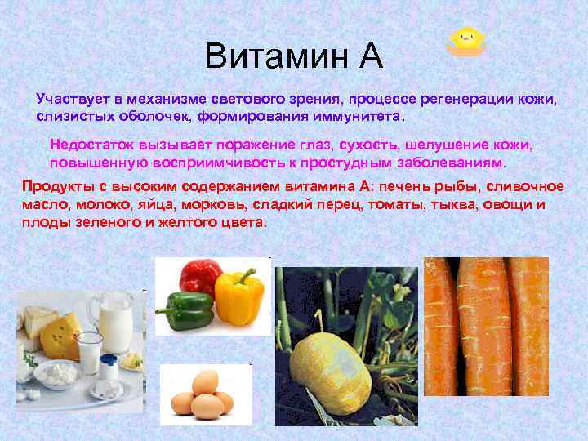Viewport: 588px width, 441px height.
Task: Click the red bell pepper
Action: [x=199, y=278]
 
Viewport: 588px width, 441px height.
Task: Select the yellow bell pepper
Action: [x=239, y=296]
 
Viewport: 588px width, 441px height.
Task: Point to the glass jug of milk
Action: [x=114, y=323]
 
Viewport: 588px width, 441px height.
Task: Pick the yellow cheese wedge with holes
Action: [x=60, y=336]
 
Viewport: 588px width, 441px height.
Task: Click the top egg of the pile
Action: [x=206, y=381]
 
